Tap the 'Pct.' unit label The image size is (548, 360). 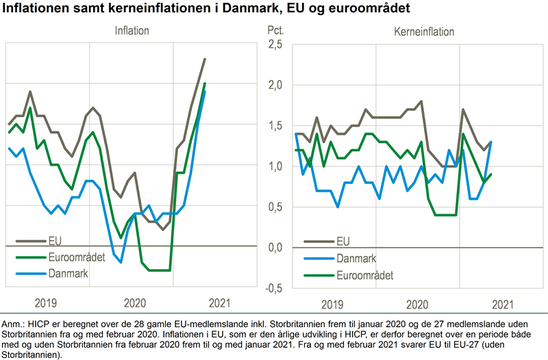tap(274, 31)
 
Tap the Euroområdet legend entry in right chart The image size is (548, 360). tap(366, 274)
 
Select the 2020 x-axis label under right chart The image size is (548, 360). tap(416, 303)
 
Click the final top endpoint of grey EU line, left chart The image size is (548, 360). tap(205, 59)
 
